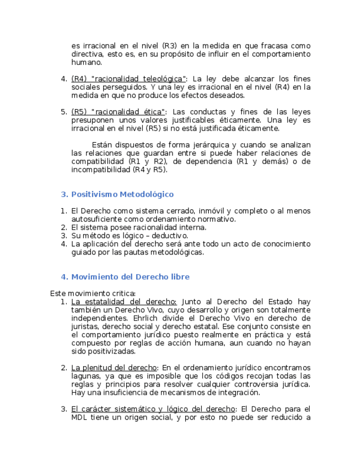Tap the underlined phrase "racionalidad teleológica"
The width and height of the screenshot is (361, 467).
pyautogui.click(x=138, y=79)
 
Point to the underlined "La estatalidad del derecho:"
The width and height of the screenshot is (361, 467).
pyautogui.click(x=124, y=302)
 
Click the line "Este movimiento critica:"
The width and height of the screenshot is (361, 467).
pyautogui.click(x=93, y=294)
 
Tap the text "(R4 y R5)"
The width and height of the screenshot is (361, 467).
pyautogui.click(x=150, y=170)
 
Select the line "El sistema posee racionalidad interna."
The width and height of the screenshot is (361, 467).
pyautogui.click(x=139, y=227)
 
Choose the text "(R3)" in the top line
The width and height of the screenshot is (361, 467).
pyautogui.click(x=169, y=46)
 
